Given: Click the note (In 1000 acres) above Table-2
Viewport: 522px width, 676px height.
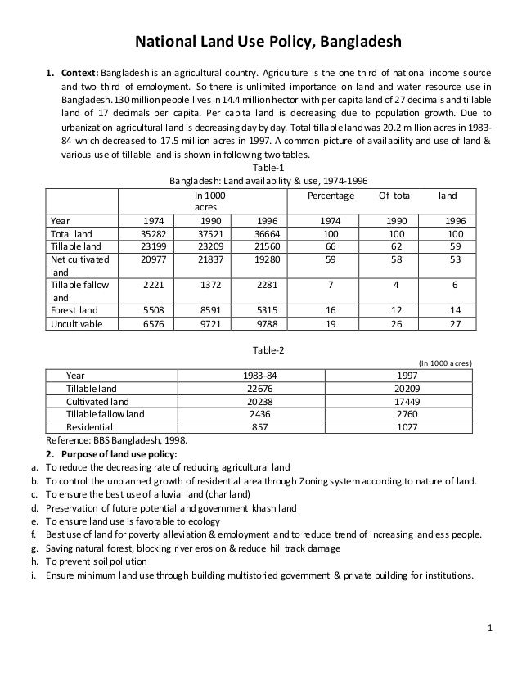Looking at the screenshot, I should pos(444,362).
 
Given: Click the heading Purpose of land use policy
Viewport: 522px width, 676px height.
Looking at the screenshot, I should pos(123,453).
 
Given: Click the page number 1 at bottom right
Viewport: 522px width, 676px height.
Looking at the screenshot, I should pos(488,629).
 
